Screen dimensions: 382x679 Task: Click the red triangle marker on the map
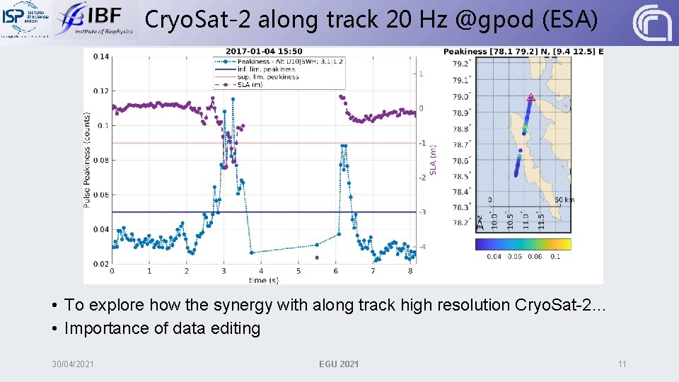point(530,98)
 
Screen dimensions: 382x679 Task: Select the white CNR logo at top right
point(652,23)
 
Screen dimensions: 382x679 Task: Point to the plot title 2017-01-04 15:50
point(264,51)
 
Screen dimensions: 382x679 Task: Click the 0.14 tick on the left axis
point(100,57)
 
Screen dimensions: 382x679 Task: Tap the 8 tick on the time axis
point(410,271)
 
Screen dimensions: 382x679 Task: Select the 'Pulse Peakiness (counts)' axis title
point(87,160)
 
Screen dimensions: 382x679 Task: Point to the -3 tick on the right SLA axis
point(422,212)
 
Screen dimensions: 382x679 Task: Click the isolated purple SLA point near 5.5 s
point(317,257)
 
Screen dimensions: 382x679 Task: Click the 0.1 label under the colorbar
point(555,256)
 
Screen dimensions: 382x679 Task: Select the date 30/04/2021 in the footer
point(73,364)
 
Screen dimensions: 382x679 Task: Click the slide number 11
point(622,364)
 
